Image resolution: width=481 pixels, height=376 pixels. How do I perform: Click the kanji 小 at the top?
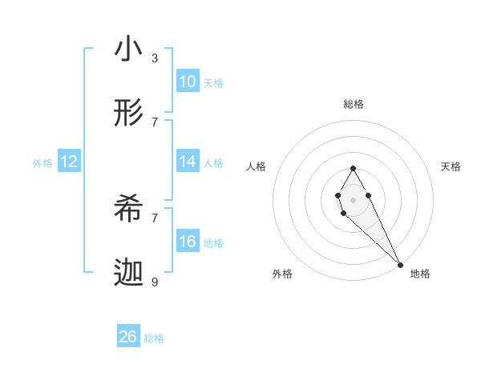(128, 50)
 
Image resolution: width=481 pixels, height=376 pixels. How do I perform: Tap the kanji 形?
(128, 114)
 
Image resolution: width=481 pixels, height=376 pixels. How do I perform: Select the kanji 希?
(128, 210)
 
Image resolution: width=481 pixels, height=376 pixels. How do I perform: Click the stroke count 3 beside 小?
(155, 58)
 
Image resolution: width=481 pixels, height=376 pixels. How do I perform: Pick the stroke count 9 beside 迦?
(155, 282)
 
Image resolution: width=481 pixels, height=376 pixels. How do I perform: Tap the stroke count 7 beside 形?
(155, 122)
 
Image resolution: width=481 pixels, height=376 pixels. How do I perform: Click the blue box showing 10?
(188, 82)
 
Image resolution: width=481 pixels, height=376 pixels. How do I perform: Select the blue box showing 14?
(188, 162)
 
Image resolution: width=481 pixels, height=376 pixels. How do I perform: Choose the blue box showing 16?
(188, 242)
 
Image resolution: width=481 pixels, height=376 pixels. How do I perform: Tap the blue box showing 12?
(69, 162)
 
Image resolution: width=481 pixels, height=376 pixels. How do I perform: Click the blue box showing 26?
(128, 337)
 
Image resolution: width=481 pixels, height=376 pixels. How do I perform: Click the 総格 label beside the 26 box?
(154, 338)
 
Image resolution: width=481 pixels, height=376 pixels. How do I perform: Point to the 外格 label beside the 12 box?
(42, 163)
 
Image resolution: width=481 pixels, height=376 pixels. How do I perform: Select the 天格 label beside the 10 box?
(212, 83)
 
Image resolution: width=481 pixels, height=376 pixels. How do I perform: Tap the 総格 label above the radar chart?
(353, 104)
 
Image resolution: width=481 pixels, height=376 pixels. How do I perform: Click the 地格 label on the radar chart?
(420, 274)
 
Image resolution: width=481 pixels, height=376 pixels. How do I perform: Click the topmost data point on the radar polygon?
(353, 168)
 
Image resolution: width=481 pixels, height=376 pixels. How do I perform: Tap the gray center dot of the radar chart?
(353, 198)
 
